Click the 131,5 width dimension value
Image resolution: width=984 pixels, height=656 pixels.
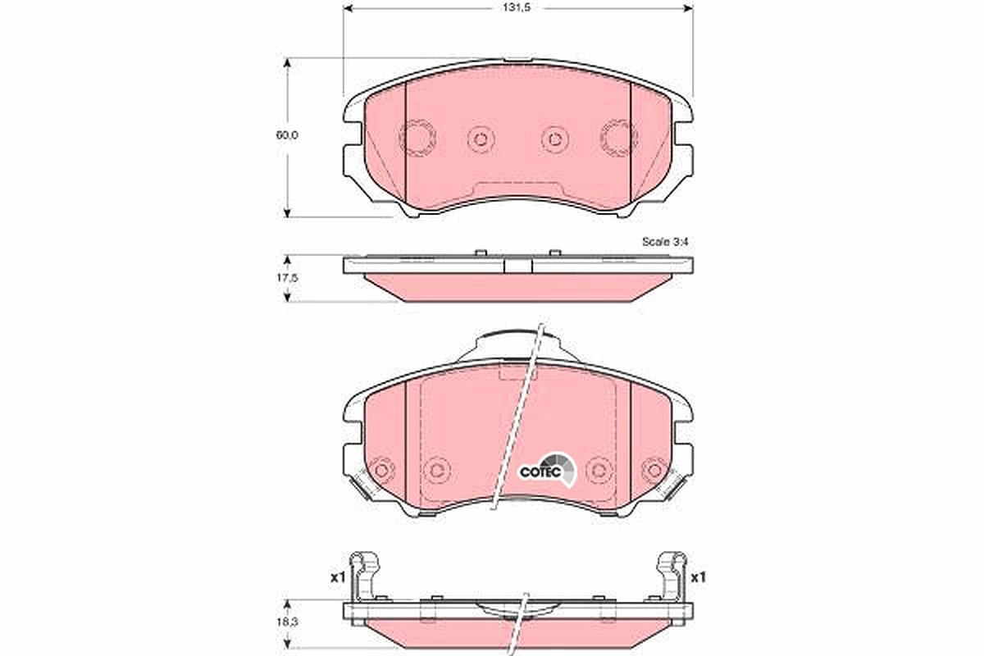coord(517,8)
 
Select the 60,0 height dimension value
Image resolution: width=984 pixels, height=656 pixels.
coord(287,135)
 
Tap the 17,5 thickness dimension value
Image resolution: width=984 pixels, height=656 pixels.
coord(287,278)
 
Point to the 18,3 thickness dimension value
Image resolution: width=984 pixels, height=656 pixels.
coord(287,622)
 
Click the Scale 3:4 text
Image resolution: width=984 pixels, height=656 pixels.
coord(665,242)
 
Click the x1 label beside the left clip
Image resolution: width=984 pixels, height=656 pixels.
coord(338,577)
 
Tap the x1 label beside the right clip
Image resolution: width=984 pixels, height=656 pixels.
coord(698,577)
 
